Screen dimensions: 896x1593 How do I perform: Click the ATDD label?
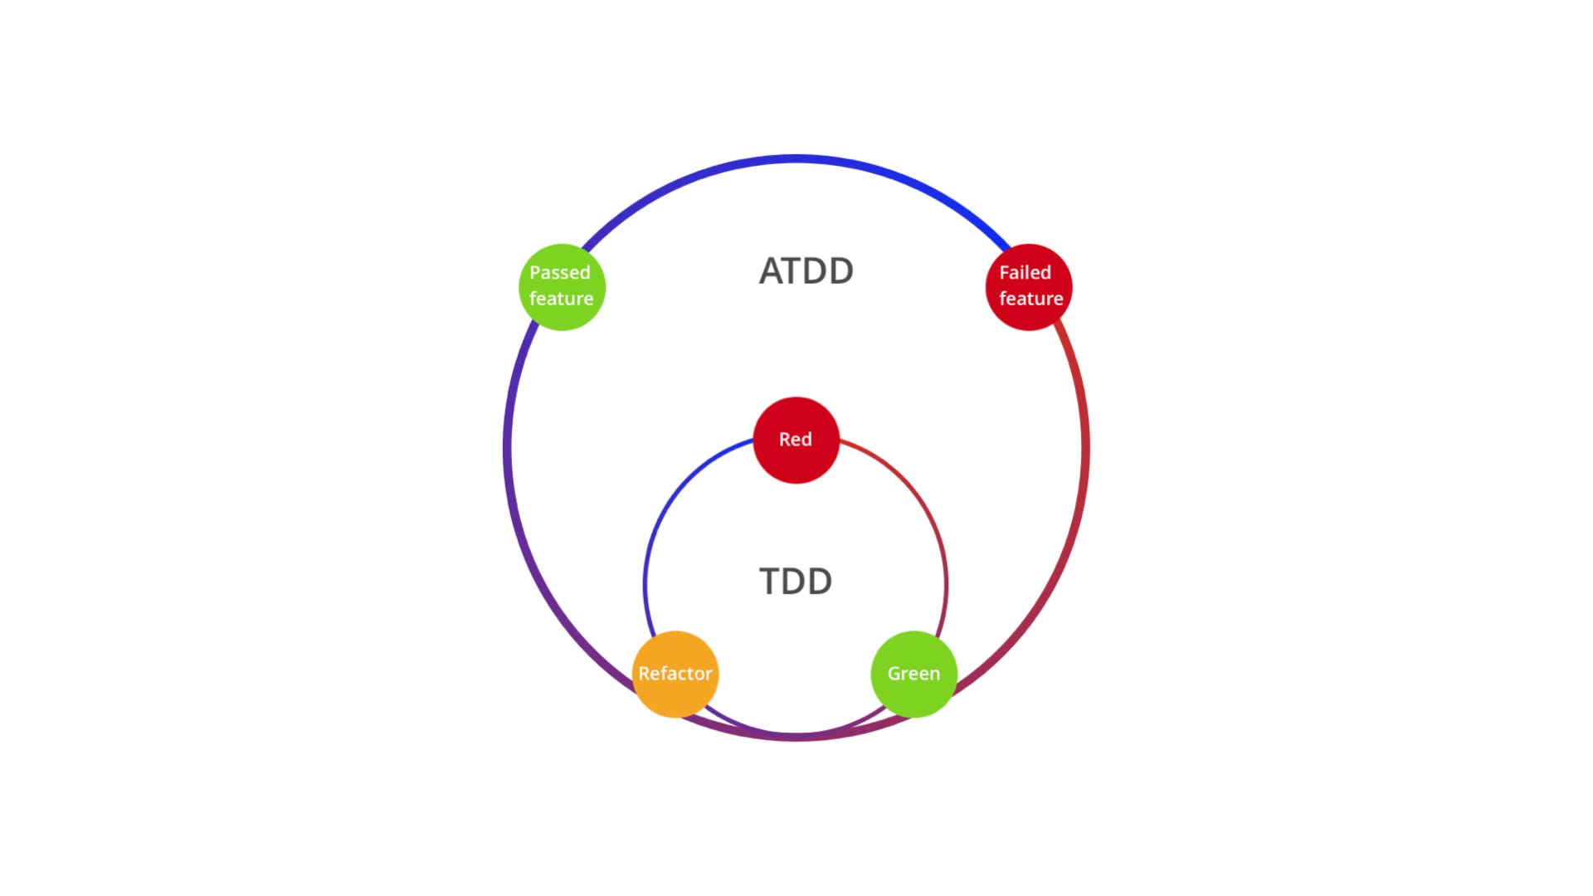coord(806,271)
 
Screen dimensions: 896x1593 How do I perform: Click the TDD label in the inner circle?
coord(796,582)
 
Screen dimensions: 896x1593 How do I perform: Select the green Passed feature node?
coord(562,286)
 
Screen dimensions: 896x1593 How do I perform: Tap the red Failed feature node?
coord(1029,286)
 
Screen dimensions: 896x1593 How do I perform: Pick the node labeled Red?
coord(796,440)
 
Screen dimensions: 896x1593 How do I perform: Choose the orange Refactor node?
coord(675,674)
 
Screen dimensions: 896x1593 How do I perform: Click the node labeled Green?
coord(913,674)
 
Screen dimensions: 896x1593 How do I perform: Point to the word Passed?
coord(560,272)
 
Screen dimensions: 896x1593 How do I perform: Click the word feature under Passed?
coord(562,299)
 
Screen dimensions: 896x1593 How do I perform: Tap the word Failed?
coord(1025,272)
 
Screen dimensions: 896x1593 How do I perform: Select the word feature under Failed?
coord(1031,299)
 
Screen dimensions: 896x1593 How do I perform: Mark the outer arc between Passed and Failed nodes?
coord(796,158)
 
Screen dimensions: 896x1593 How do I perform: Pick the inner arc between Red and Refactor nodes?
coord(673,498)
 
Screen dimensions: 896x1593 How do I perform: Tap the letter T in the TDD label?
coord(772,582)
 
